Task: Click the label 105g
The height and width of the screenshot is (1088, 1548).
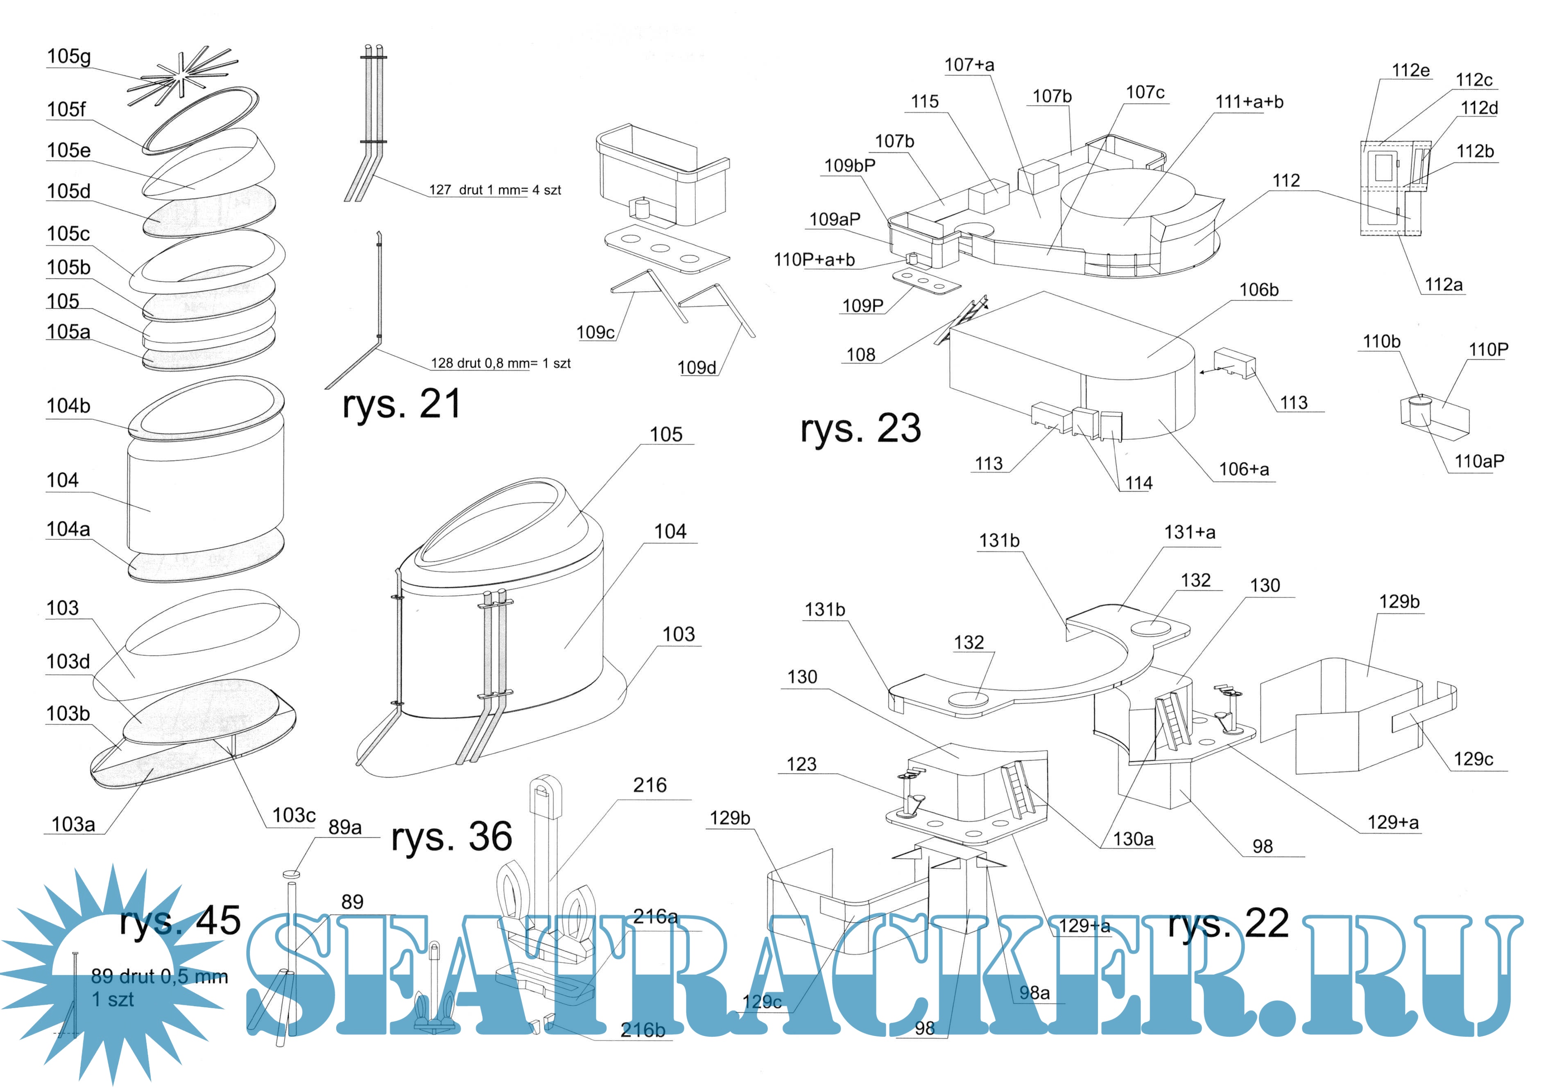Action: pos(69,57)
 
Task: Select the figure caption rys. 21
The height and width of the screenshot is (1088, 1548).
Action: pos(401,405)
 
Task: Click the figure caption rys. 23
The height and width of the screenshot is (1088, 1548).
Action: pos(860,429)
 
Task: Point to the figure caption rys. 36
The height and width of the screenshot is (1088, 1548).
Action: pos(452,837)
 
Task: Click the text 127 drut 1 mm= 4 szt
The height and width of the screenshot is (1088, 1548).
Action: pos(495,190)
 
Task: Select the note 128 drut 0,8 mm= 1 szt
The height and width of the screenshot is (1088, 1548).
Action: pos(500,363)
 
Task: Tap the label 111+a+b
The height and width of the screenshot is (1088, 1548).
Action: pos(1249,102)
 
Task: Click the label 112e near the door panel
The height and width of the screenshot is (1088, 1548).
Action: pos(1410,70)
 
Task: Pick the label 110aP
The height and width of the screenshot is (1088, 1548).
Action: pos(1479,461)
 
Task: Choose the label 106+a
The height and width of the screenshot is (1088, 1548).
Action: pos(1244,469)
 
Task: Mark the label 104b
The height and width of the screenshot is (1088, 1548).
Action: pos(68,406)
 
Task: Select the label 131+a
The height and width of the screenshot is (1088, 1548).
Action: pos(1190,533)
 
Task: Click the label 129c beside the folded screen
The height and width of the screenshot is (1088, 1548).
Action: pos(1473,759)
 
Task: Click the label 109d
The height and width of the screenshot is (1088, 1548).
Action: pos(697,367)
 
